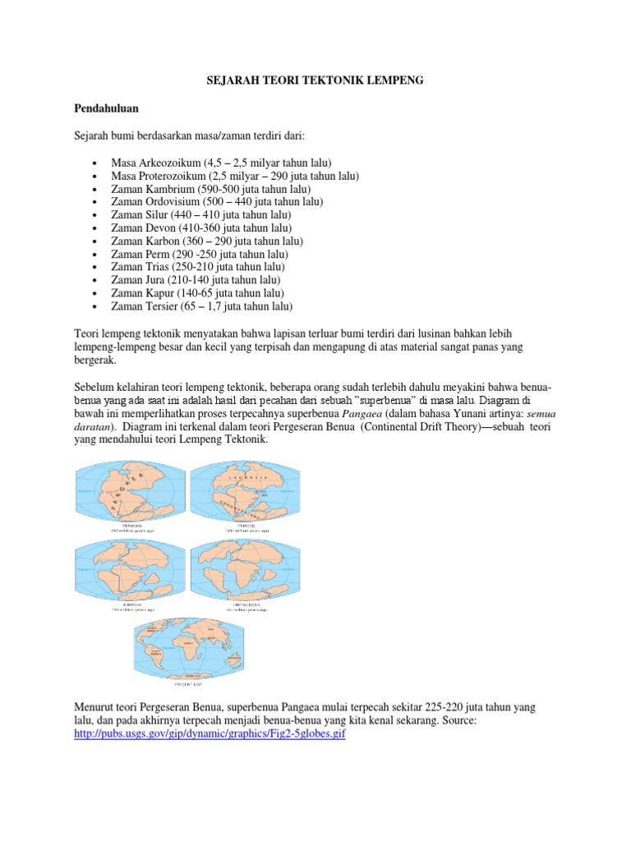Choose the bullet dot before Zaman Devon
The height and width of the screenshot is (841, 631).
(x=97, y=227)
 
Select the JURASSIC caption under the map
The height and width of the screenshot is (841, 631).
(x=131, y=605)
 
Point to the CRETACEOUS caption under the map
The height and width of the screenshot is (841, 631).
(x=247, y=605)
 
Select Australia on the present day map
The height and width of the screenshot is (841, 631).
(x=236, y=662)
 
